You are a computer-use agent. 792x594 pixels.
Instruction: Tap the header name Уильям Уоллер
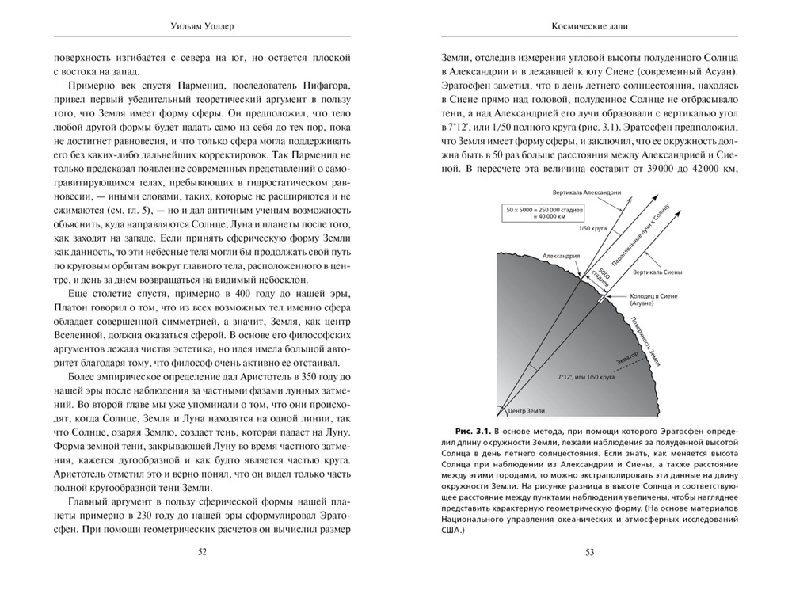pyautogui.click(x=201, y=25)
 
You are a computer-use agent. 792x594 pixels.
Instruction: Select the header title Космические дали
pyautogui.click(x=589, y=25)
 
